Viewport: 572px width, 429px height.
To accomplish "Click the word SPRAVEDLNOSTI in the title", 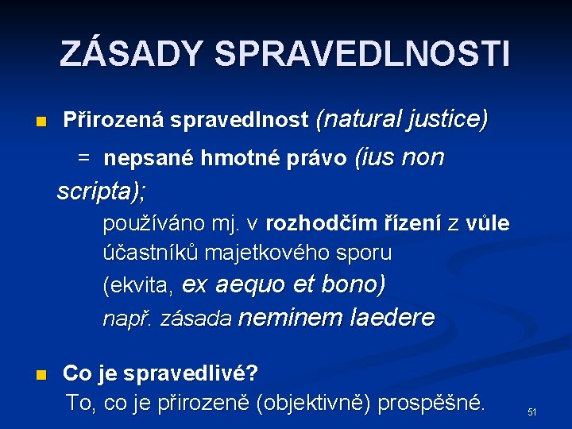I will click(361, 54).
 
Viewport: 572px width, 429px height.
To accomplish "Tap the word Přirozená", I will click(114, 121).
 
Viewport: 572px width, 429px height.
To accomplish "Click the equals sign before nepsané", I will click(83, 159).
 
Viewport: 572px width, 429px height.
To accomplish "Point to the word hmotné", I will click(234, 159).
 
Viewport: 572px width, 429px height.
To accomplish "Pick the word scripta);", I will click(105, 191).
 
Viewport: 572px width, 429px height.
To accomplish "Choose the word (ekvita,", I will click(139, 285).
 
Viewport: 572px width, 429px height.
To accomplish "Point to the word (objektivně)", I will click(314, 403).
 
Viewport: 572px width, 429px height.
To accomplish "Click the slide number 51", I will click(532, 412).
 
